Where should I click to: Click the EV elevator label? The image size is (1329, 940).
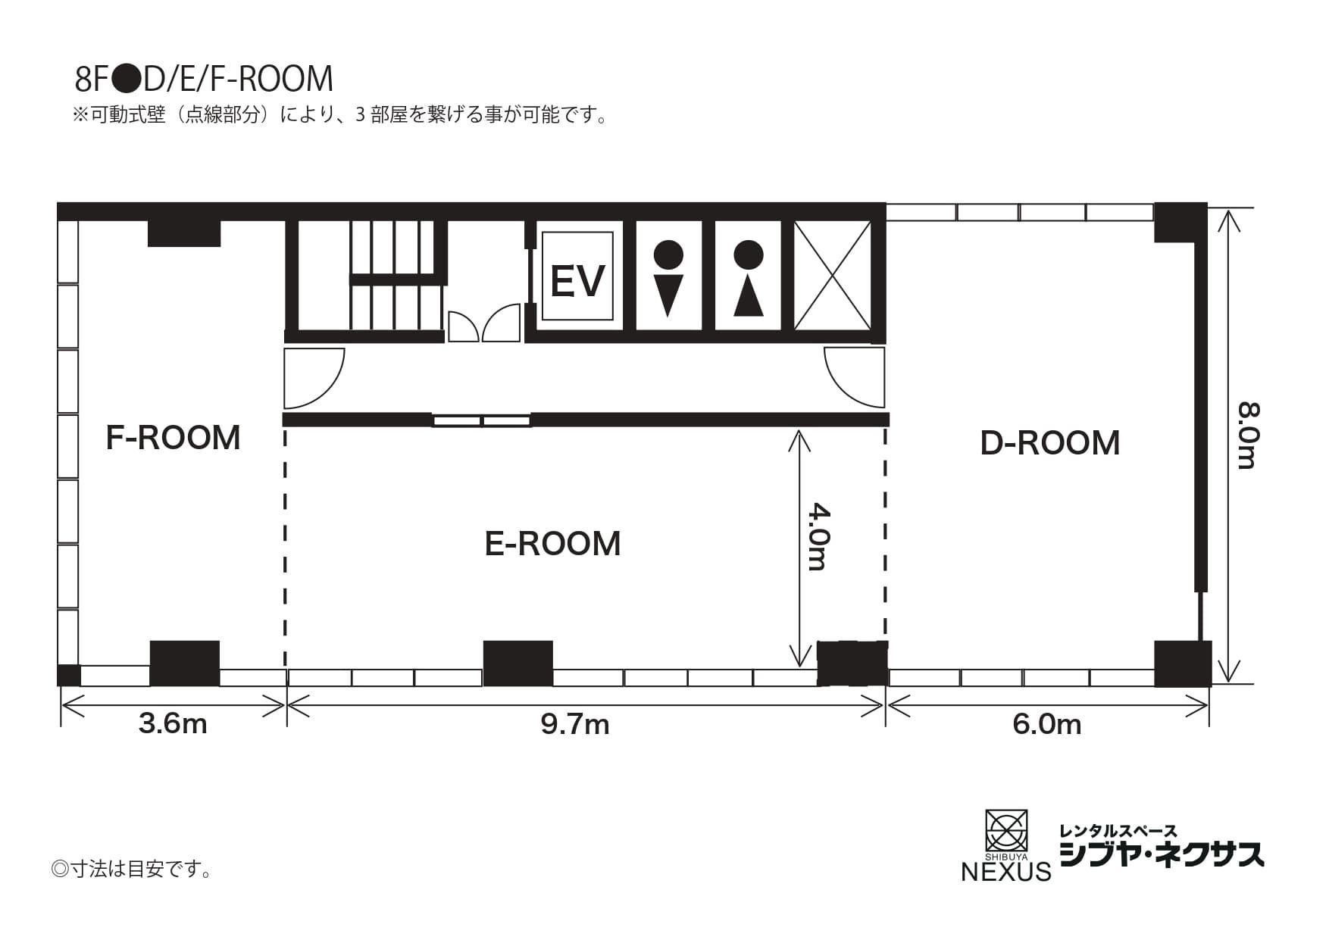pos(577,281)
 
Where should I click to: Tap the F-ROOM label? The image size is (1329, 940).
pos(173,438)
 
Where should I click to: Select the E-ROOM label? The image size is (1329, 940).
pos(552,544)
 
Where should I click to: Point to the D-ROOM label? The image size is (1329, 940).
pos(1049,443)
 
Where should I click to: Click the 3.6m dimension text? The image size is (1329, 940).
pos(173,724)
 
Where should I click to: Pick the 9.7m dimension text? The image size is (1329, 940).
pos(575,725)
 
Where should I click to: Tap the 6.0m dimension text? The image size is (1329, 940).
pos(1046,725)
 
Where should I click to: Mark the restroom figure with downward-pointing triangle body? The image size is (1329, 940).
pos(668,278)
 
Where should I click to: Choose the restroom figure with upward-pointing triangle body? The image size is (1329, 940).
pos(749,278)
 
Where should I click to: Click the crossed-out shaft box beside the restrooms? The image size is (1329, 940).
pos(831,275)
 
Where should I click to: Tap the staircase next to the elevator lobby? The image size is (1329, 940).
pos(394,275)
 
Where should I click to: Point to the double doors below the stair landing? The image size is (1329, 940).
pos(483,325)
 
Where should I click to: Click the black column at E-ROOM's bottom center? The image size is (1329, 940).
pos(518,663)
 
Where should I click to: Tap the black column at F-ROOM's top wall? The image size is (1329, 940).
pos(183,233)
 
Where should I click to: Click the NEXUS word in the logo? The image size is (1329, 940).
pos(1005,871)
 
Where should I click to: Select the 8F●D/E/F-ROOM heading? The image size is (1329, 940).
pos(204,79)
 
